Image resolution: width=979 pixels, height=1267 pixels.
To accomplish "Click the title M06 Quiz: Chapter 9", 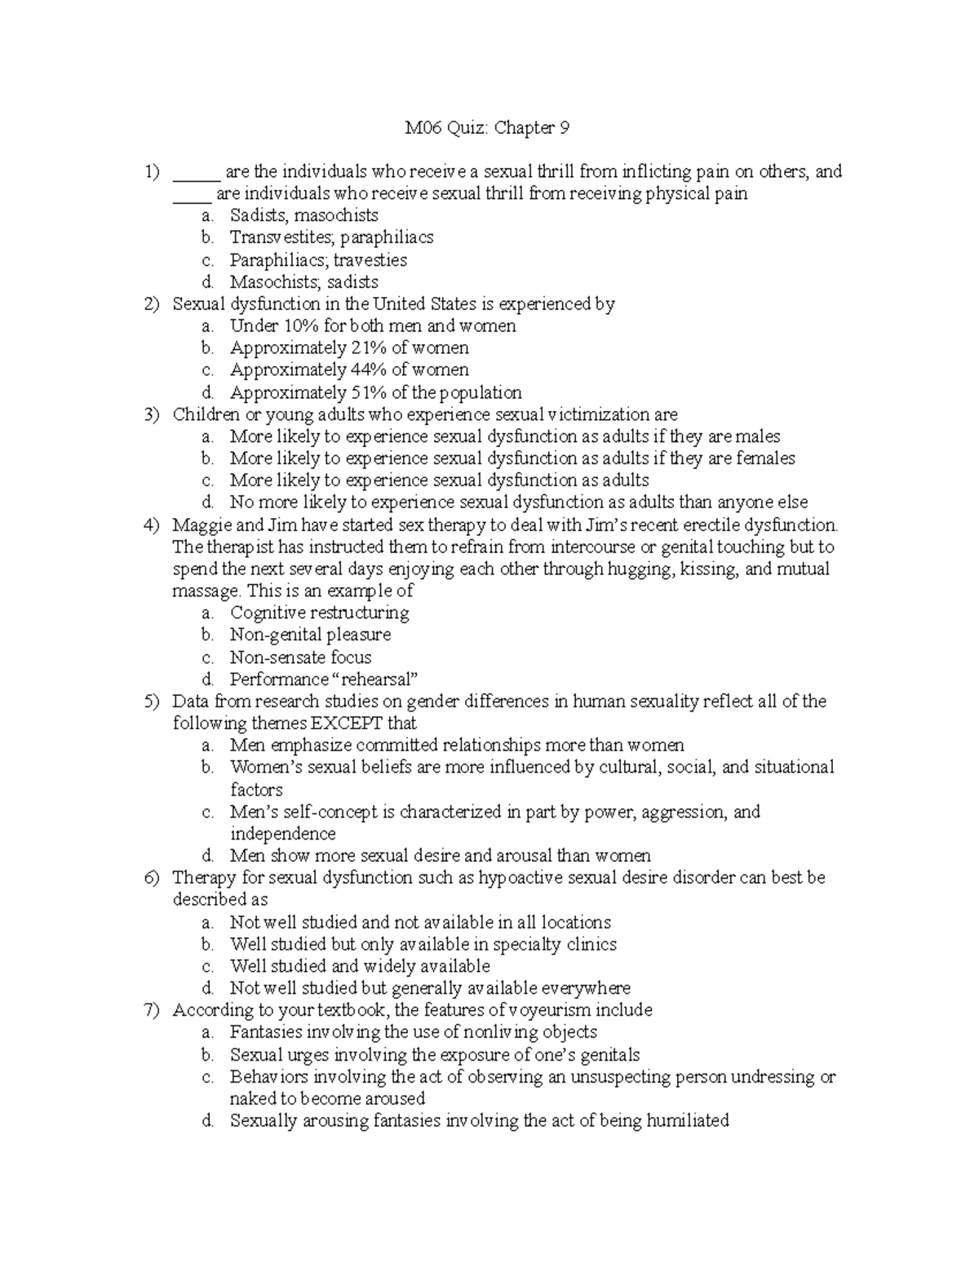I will pyautogui.click(x=488, y=128).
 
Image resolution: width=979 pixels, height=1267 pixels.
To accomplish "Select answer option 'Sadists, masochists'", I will pyautogui.click(x=303, y=216).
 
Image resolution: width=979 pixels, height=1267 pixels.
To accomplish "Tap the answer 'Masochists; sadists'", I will pyautogui.click(x=303, y=282).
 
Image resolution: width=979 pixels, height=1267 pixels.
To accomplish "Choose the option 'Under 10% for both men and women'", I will pyautogui.click(x=373, y=326).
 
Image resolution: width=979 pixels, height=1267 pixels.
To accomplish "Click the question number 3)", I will pyautogui.click(x=152, y=414).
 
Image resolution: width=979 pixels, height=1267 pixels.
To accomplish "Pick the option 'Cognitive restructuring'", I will pyautogui.click(x=319, y=613).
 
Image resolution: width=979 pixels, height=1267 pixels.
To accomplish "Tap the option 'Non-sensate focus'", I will pyautogui.click(x=300, y=658).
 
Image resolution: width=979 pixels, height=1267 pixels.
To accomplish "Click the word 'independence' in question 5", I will pyautogui.click(x=282, y=834).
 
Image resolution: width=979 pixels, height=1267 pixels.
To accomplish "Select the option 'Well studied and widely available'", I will pyautogui.click(x=360, y=967).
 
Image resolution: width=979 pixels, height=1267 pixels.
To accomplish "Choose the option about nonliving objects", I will pyautogui.click(x=413, y=1033).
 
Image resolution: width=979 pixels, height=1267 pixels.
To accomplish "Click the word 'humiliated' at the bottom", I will pyautogui.click(x=687, y=1121).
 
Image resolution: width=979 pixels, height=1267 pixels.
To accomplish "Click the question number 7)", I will pyautogui.click(x=152, y=1011).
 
